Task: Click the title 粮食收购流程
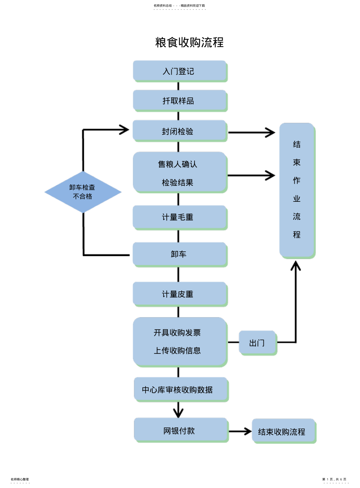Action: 189,42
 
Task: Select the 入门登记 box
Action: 180,71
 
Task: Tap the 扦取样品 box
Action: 180,100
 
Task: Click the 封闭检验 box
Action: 180,131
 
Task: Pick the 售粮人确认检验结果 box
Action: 180,172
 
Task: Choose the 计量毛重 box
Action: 180,217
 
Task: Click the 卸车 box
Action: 180,254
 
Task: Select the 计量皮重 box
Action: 180,294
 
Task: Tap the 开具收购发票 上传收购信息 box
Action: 180,341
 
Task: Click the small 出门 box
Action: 257,343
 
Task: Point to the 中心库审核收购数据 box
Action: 180,389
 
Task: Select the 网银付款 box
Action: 180,430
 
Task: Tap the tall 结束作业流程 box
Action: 297,190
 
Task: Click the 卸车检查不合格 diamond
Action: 83,192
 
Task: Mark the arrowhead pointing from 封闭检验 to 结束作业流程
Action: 270,132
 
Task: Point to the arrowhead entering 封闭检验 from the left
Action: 124,130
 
